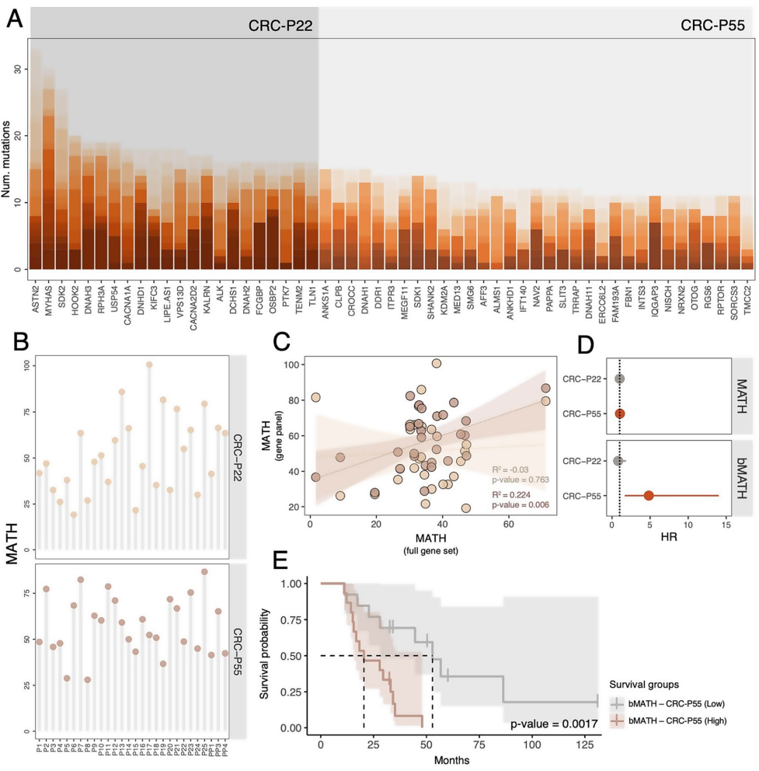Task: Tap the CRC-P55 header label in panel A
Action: tap(712, 24)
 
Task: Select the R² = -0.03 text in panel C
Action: tap(510, 470)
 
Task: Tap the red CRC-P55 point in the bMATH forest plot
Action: tap(649, 496)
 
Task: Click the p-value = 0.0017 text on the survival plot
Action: tap(553, 725)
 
